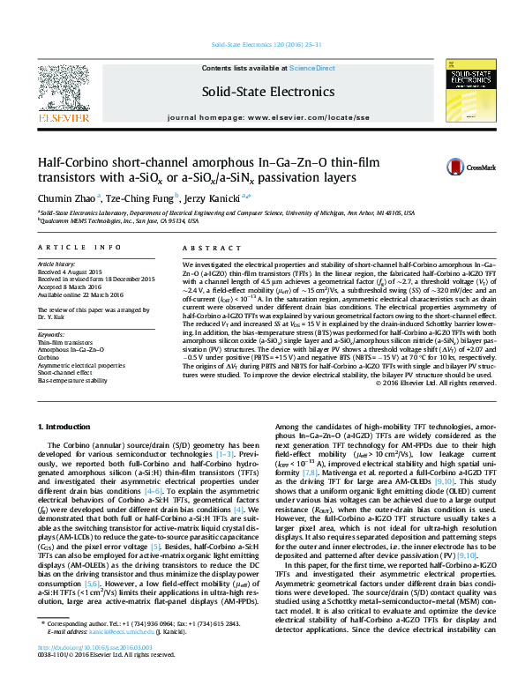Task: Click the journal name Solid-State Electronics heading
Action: pyautogui.click(x=262, y=90)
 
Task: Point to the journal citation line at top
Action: pyautogui.click(x=262, y=43)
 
